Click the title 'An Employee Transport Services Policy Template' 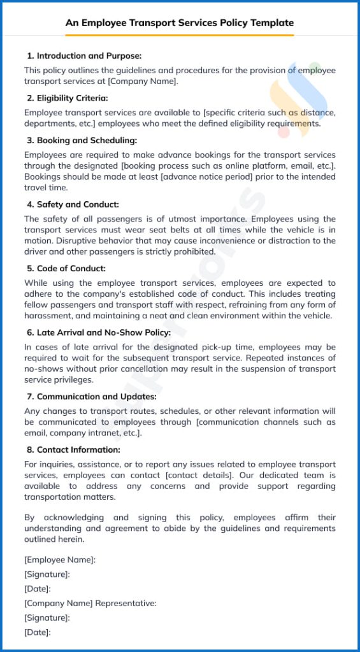tap(180, 23)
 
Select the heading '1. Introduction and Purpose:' tap(84, 56)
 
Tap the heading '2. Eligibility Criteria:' tap(68, 98)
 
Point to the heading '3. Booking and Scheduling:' tap(82, 140)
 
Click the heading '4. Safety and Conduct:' tap(73, 204)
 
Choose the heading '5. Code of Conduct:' tap(66, 269)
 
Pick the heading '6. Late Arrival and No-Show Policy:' tap(99, 332)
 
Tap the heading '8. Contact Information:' tap(73, 450)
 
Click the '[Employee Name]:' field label tap(60, 560)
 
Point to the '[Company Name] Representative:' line tap(90, 603)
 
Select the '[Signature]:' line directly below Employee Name tap(47, 574)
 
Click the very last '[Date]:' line tap(37, 632)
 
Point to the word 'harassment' tap(47, 315)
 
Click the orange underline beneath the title tap(180, 35)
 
